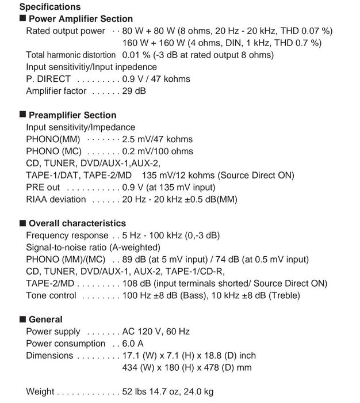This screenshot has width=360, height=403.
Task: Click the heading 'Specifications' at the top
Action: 50,7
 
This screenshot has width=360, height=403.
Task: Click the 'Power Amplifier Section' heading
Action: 81,19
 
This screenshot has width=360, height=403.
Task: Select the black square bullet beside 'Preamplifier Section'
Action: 22,115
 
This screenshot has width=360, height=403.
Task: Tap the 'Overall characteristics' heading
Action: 77,223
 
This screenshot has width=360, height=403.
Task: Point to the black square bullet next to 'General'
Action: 22,319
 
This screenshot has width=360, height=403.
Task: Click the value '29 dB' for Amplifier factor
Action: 134,91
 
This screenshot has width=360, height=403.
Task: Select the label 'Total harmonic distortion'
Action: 71,55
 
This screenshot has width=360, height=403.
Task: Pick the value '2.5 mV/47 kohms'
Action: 157,139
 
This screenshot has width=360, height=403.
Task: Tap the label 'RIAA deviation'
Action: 56,199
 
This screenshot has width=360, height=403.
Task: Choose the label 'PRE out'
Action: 43,187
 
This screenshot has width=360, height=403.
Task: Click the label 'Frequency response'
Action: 67,235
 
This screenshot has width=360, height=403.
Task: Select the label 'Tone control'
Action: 51,295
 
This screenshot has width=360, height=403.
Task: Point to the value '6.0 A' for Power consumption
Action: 133,344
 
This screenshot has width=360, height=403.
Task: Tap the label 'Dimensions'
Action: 49,356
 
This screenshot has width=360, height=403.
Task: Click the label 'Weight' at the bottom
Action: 40,392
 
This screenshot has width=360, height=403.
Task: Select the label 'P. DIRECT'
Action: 48,79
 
